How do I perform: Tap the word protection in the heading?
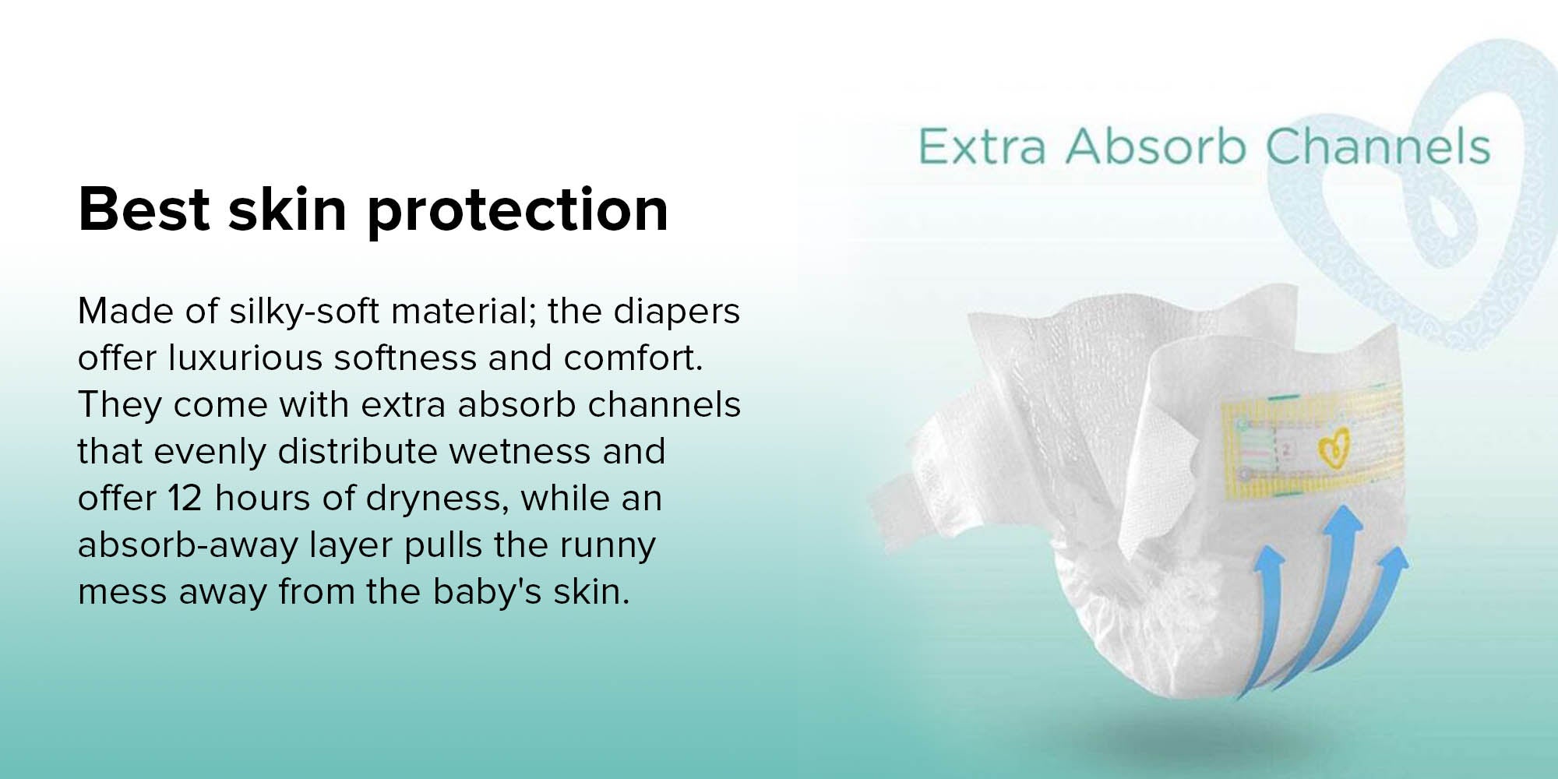[x=517, y=212]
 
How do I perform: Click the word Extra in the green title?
[x=982, y=146]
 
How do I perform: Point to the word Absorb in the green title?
[x=1156, y=146]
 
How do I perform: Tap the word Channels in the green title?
[x=1377, y=146]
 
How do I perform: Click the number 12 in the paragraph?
[x=185, y=499]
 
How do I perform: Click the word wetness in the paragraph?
[x=533, y=452]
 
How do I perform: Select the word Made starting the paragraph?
[x=125, y=312]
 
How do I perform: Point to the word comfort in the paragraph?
[x=633, y=358]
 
